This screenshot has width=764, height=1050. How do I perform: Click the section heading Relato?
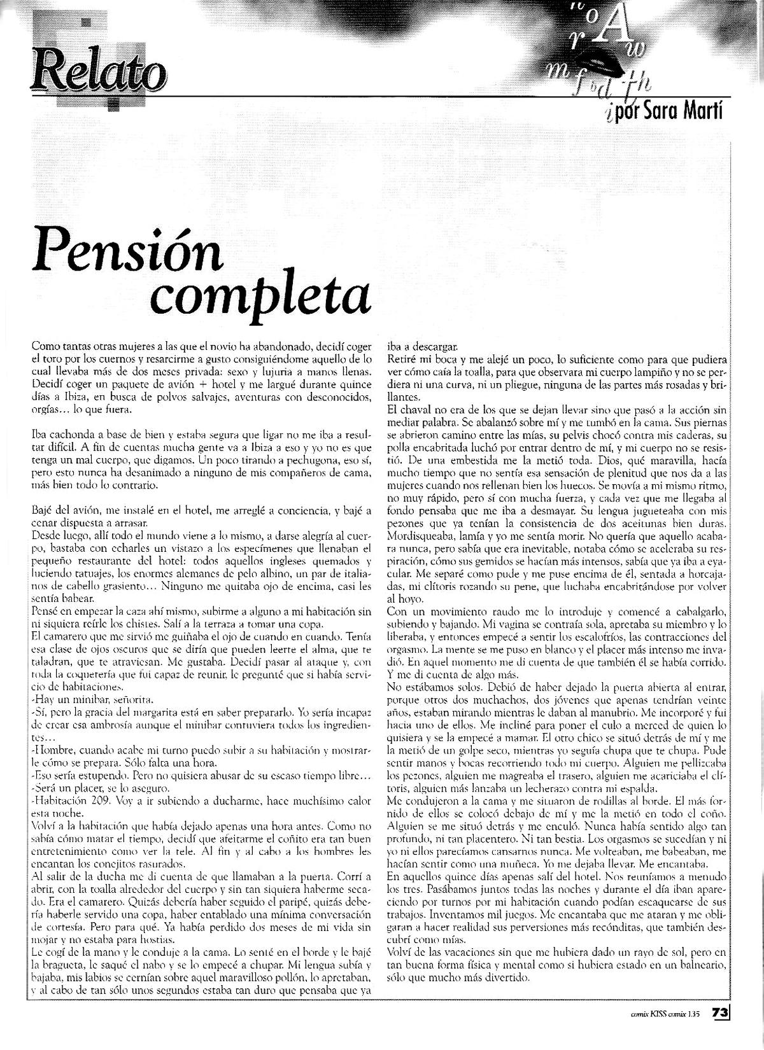click(98, 74)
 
